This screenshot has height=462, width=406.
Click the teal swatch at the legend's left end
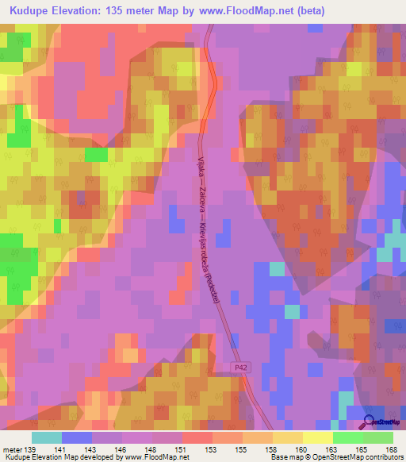[x=47, y=437]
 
